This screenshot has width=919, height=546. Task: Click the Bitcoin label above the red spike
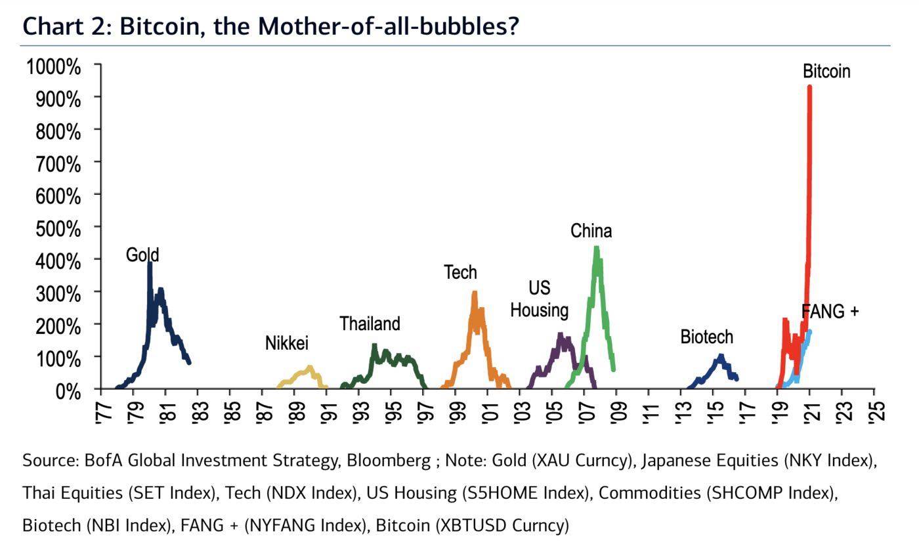826,71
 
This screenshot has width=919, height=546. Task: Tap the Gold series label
142,255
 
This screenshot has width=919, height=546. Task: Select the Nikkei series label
286,343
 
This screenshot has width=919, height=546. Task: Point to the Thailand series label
370,324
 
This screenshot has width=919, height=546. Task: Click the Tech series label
460,272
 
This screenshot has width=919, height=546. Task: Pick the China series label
591,231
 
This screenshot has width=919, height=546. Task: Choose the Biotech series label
706,337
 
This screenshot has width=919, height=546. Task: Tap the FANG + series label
830,311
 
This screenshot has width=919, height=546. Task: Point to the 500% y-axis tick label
57,229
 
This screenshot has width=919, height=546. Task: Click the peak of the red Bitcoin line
809,87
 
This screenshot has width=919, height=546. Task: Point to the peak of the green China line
596,248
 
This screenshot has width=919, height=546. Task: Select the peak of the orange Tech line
474,293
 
